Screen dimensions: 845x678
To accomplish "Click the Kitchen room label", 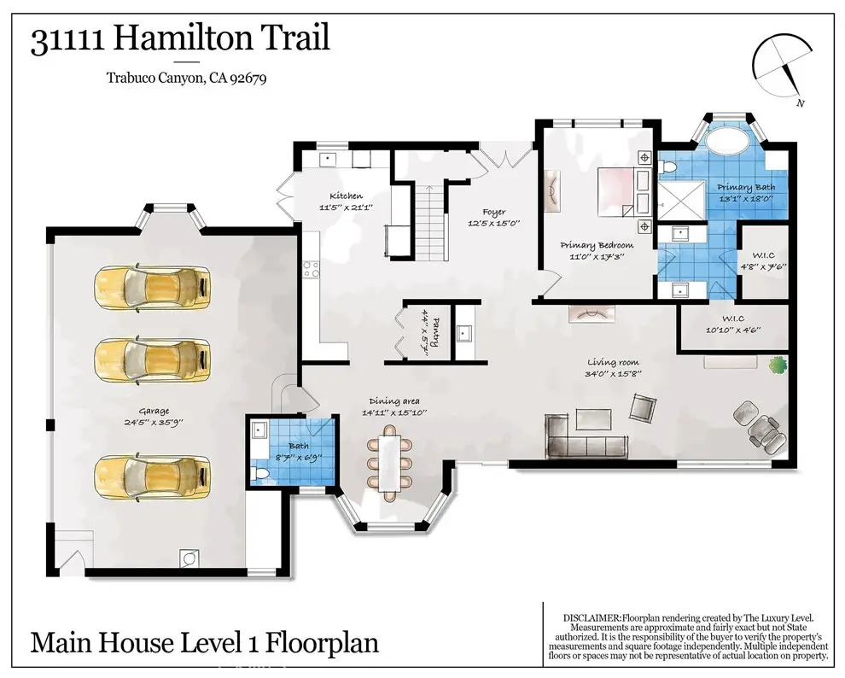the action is click(x=346, y=196).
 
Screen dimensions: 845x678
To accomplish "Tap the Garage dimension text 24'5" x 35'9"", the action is click(x=154, y=423).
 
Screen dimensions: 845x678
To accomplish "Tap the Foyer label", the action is click(x=494, y=212).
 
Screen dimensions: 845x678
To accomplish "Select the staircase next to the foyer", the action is click(x=429, y=221).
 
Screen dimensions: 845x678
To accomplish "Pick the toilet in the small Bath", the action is click(x=260, y=474).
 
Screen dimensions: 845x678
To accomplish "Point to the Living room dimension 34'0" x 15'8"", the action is click(x=614, y=373).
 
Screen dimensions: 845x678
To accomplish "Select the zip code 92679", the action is click(x=248, y=79).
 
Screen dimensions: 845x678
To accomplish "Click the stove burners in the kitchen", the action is click(x=311, y=270).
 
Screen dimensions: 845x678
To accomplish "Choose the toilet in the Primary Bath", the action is click(x=667, y=167).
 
